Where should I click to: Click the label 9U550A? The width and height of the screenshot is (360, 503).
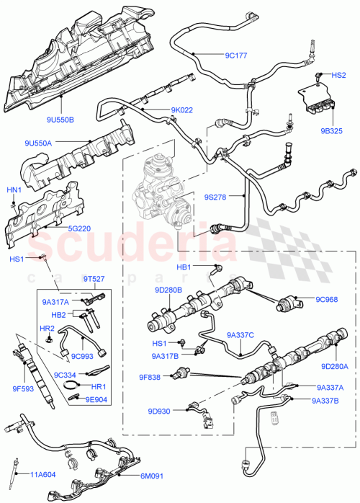tap(37, 143)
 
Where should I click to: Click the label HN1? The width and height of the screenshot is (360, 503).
tap(13, 190)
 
